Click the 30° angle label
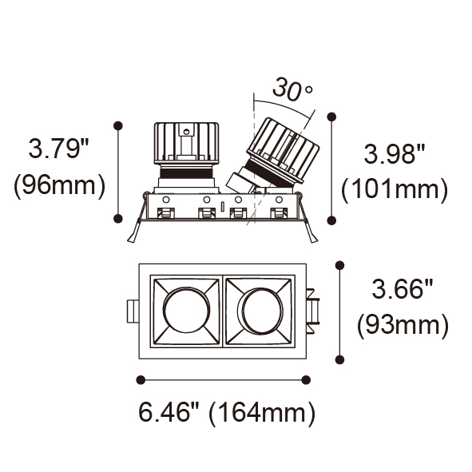coord(292,89)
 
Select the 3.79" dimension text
coord(58,148)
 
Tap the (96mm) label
coord(60,185)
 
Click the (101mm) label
coord(395,190)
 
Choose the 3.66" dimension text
coord(403,289)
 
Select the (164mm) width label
coord(262,413)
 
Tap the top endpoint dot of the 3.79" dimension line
coord(118,125)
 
